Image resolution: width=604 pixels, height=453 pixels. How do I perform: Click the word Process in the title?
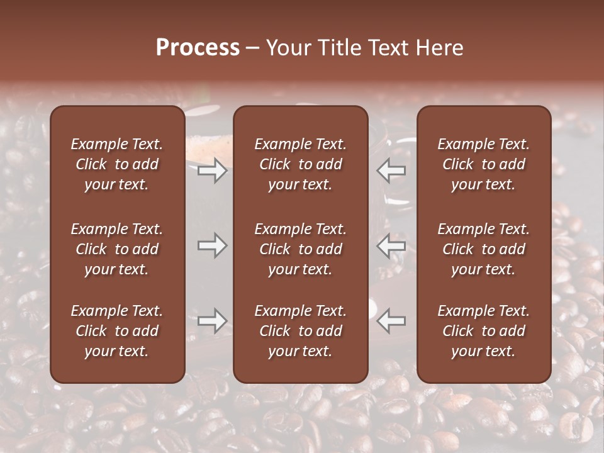pos(198,48)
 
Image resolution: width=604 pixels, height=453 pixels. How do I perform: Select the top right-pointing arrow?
pos(213,171)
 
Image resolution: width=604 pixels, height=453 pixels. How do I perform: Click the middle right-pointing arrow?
pos(213,246)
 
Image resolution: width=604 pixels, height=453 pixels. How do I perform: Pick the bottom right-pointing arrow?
pos(213,321)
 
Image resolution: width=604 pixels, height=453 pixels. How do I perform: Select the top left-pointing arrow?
pos(391,171)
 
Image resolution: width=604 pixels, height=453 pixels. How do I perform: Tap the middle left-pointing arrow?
pos(391,246)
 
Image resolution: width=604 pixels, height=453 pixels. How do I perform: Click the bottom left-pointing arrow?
pos(391,321)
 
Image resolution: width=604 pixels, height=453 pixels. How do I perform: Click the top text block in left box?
pos(117,164)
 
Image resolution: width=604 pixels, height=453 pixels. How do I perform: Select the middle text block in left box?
pos(117,249)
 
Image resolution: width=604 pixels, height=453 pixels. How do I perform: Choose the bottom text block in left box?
pos(117,331)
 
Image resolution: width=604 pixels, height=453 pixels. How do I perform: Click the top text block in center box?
pos(300,164)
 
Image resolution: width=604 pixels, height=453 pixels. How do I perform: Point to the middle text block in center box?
pos(300,249)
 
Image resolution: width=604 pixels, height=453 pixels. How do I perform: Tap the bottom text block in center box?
pos(300,331)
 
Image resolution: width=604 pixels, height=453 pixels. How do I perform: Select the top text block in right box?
pos(483,164)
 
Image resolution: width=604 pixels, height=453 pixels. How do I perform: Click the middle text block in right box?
pos(483,249)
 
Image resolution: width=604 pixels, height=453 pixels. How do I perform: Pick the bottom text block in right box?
pos(483,331)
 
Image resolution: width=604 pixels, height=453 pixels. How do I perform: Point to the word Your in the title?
pos(286,48)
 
